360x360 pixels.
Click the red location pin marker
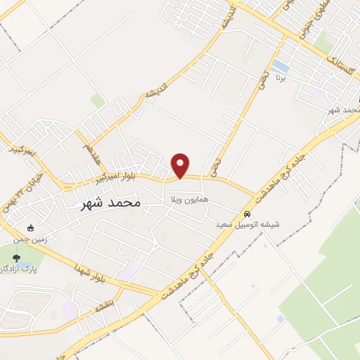(181, 165)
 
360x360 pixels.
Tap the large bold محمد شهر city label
(108, 202)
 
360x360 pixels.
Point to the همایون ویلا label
(188, 200)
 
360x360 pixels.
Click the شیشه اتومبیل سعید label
(250, 226)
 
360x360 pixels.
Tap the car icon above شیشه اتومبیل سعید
(247, 214)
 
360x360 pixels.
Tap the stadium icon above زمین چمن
(30, 228)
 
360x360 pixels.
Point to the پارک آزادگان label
(19, 269)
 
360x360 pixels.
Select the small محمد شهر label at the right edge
(345, 110)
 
